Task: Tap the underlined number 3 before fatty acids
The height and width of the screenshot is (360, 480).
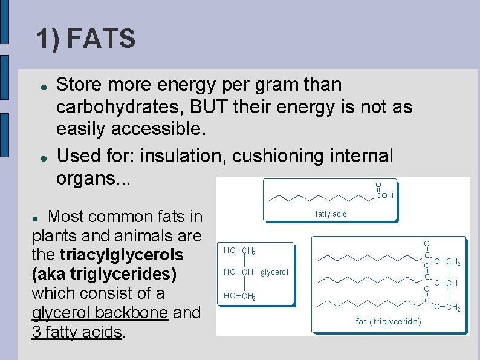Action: [x=36, y=332]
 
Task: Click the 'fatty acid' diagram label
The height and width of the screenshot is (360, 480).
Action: [x=331, y=214]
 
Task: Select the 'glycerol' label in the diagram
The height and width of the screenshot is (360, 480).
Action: [x=274, y=272]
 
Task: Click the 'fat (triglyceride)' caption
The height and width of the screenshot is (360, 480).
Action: [x=389, y=321]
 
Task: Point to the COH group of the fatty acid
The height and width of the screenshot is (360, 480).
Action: [x=384, y=195]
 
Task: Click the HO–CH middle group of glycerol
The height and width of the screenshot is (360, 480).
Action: [x=238, y=272]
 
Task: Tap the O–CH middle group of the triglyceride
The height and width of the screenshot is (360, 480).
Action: [x=446, y=283]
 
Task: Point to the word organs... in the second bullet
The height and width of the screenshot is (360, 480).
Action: [x=92, y=179]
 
